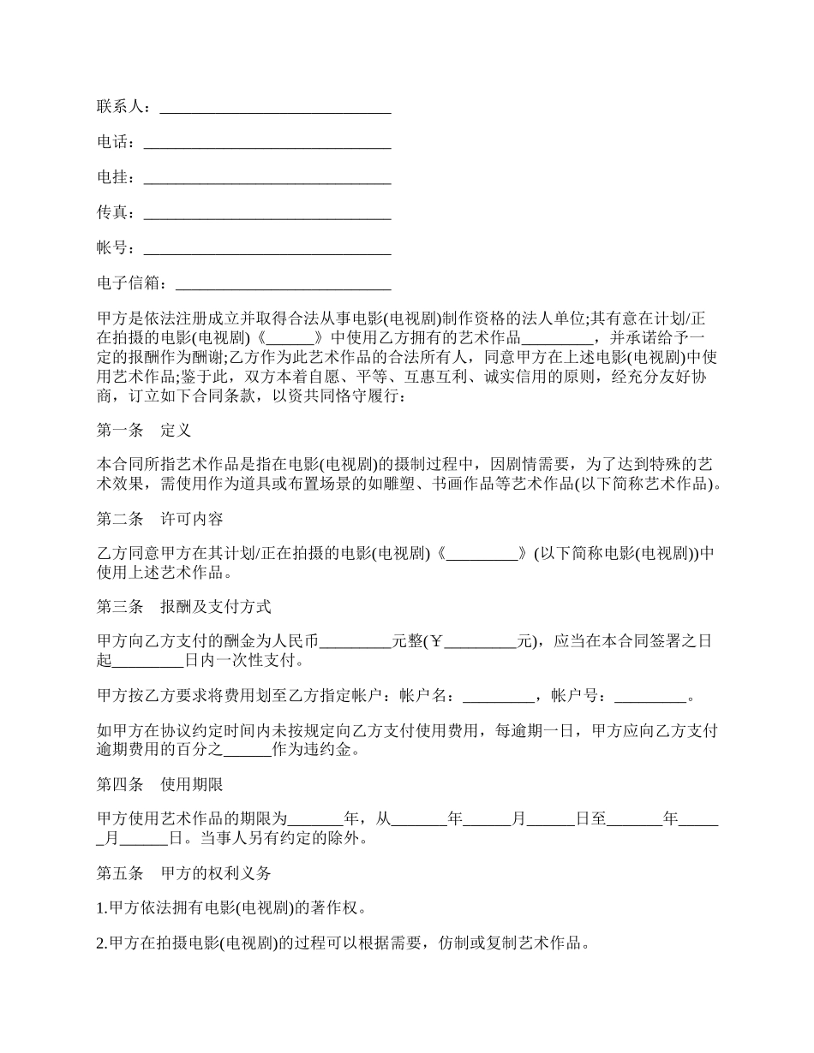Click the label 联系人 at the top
click(x=120, y=106)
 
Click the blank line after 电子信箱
click(x=283, y=284)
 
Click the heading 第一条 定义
click(x=143, y=430)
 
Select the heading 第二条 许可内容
click(x=159, y=519)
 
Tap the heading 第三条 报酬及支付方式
click(x=183, y=607)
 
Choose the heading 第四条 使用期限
click(x=159, y=783)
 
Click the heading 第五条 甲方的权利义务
click(x=183, y=873)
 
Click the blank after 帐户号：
click(x=650, y=696)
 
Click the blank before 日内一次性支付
click(x=147, y=660)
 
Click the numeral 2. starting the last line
click(x=102, y=944)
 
